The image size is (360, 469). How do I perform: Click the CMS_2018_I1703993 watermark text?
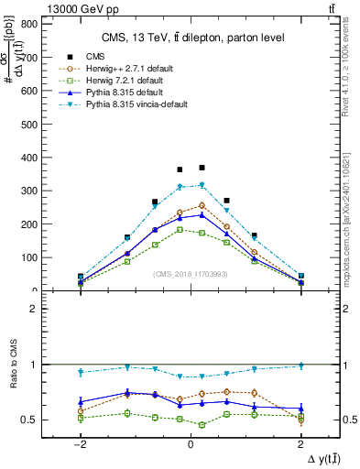191,274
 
